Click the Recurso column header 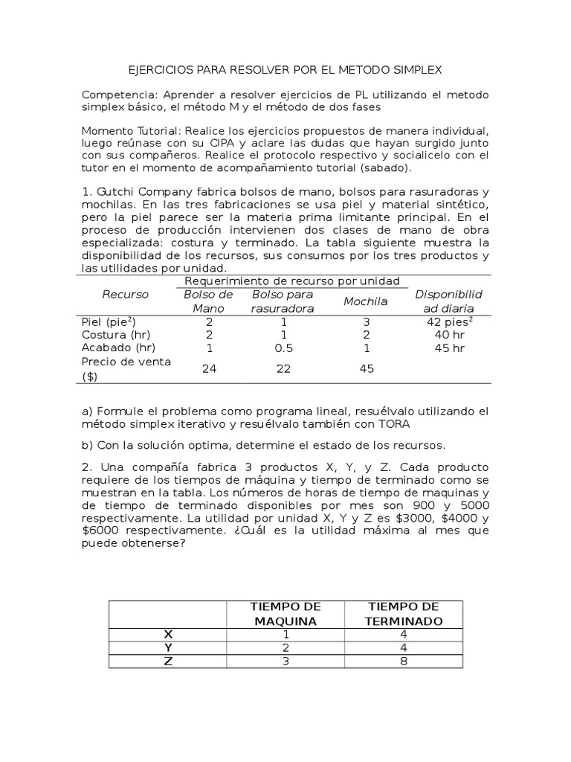pyautogui.click(x=125, y=295)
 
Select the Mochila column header pyautogui.click(x=365, y=301)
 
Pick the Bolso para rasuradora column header pyautogui.click(x=282, y=301)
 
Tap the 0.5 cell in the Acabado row pyautogui.click(x=282, y=348)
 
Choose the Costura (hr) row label pyautogui.click(x=117, y=336)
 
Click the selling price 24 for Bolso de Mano pyautogui.click(x=209, y=368)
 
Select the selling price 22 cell pyautogui.click(x=282, y=368)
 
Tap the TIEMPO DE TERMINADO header pyautogui.click(x=404, y=614)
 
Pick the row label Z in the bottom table pyautogui.click(x=167, y=660)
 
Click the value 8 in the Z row pyautogui.click(x=404, y=660)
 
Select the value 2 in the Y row pyautogui.click(x=285, y=647)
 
